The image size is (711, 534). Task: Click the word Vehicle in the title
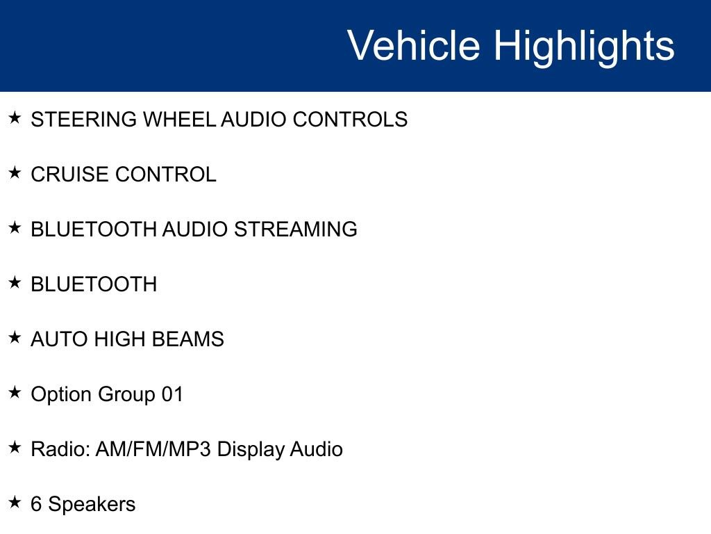(413, 46)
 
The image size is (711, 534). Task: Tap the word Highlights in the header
(584, 46)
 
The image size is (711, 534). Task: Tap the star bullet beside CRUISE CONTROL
(15, 173)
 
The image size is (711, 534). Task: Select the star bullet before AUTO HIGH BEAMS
(15, 338)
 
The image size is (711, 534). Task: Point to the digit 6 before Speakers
(36, 504)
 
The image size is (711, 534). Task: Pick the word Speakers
(92, 505)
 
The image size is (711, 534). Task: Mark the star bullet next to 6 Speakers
(15, 503)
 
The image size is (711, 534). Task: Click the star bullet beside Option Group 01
(15, 393)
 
